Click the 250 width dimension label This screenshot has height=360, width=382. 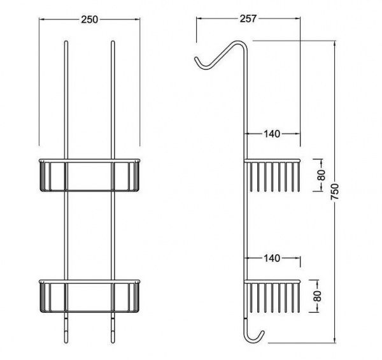click(89, 20)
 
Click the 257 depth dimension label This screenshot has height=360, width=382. click(248, 18)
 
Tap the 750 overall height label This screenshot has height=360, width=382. click(336, 192)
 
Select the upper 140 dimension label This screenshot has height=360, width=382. click(272, 134)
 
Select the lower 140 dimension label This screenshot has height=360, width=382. click(272, 258)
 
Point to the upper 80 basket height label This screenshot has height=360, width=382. click(322, 175)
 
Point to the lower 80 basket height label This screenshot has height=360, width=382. click(318, 296)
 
